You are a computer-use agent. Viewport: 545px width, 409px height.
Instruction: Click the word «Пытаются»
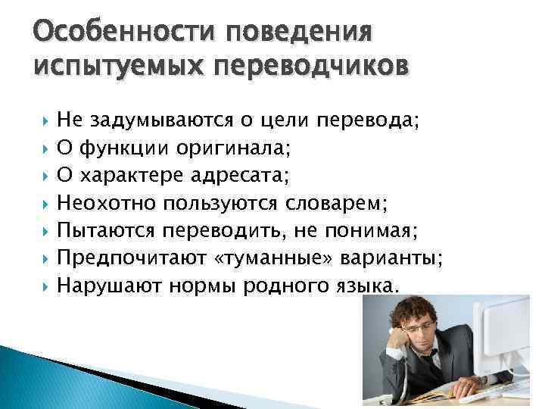[x=104, y=229]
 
